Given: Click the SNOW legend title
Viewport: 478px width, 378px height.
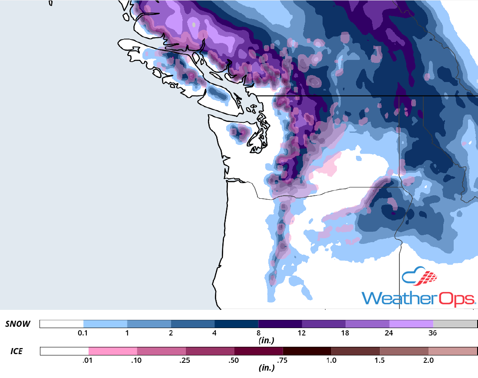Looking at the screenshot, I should [x=18, y=324].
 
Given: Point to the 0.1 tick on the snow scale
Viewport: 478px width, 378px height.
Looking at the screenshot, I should [x=83, y=333].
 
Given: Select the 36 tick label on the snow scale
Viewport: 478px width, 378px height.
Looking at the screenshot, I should [x=432, y=333].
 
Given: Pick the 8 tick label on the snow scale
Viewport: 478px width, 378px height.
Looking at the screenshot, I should [x=258, y=333].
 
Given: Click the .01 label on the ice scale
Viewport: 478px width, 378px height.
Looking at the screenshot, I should [x=89, y=360].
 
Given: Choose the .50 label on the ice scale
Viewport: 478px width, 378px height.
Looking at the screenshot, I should [x=234, y=360].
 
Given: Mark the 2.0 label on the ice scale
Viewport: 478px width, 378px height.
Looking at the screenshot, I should [x=428, y=360].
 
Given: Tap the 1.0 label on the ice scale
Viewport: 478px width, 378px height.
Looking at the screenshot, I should [x=331, y=360].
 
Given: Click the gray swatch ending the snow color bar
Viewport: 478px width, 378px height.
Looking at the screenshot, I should [x=455, y=324].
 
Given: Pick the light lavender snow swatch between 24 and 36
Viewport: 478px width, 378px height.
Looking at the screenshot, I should [x=411, y=324].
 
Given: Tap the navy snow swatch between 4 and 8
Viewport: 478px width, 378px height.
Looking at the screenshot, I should [x=236, y=324].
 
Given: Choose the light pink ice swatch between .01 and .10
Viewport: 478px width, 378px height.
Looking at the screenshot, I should [x=113, y=351].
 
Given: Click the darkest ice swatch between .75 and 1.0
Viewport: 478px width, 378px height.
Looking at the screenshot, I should [x=307, y=351].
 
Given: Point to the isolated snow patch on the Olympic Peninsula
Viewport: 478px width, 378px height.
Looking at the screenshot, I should [x=239, y=132].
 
